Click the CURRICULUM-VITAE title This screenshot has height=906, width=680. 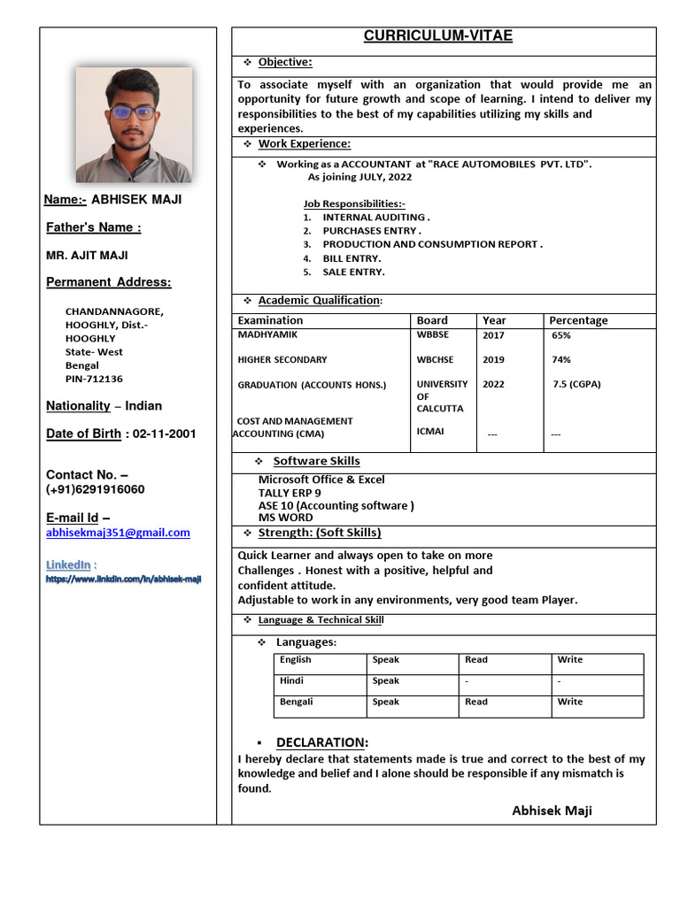pos(437,36)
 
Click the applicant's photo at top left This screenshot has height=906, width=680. pos(133,125)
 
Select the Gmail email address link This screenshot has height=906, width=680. pos(118,533)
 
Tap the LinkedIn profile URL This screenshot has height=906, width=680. pos(124,580)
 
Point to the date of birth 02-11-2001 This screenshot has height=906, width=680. pos(165,434)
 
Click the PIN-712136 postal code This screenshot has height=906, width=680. pos(94,379)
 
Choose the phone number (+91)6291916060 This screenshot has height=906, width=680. pos(96,489)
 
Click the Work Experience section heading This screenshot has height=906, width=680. pos(304,143)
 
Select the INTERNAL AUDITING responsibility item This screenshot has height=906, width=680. pos(375,217)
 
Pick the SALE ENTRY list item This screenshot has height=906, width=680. pos(353,272)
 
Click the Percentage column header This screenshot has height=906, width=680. pos(578,320)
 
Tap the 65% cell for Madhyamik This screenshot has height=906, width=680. pos(561,336)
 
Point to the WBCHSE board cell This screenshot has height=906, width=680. pos(435,360)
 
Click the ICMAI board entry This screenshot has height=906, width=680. pos(430,432)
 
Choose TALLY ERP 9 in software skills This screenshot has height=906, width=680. pos(290,493)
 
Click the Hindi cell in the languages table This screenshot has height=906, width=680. pos(291,681)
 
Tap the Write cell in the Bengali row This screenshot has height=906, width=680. pos(570,702)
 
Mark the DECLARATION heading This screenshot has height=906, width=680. pos(322,742)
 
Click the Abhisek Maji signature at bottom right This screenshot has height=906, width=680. pos(552,810)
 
